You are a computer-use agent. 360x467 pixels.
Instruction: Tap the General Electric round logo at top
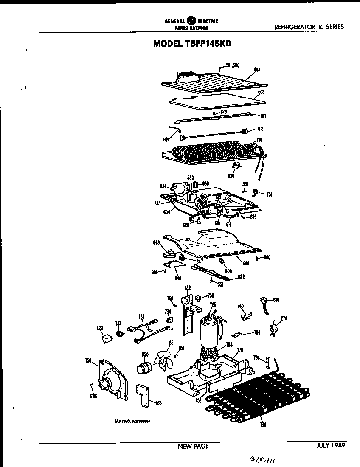(191, 20)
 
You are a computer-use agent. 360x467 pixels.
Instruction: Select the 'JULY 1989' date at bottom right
(330, 446)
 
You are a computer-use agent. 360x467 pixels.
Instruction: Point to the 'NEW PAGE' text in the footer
(193, 446)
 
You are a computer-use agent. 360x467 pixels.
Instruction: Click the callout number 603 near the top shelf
(256, 69)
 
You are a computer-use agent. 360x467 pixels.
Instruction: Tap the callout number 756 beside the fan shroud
(88, 361)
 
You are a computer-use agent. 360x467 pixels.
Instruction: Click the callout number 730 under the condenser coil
(263, 425)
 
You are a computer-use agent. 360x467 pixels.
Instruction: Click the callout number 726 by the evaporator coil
(259, 141)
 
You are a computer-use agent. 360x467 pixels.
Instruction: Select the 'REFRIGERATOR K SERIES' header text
(309, 27)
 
